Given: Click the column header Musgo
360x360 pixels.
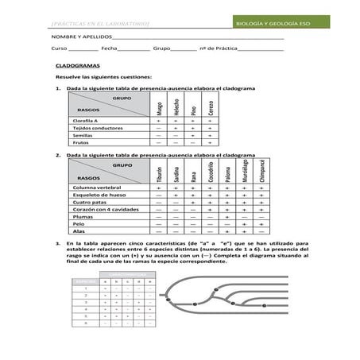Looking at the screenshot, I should (x=160, y=106).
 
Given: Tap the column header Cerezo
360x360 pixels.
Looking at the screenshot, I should (x=211, y=106).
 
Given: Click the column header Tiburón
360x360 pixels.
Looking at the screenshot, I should (x=160, y=174).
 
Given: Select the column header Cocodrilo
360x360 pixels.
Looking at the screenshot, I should (x=211, y=172).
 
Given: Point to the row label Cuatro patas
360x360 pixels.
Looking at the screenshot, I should (x=89, y=202).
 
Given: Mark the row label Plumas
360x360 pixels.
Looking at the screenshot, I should (x=83, y=216).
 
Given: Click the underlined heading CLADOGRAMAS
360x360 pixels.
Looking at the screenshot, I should (x=75, y=69).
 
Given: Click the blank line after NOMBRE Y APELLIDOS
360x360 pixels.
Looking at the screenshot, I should (x=199, y=38).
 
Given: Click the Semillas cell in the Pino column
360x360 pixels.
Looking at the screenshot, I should (x=194, y=135).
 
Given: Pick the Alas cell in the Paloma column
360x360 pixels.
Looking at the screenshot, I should (x=227, y=230).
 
